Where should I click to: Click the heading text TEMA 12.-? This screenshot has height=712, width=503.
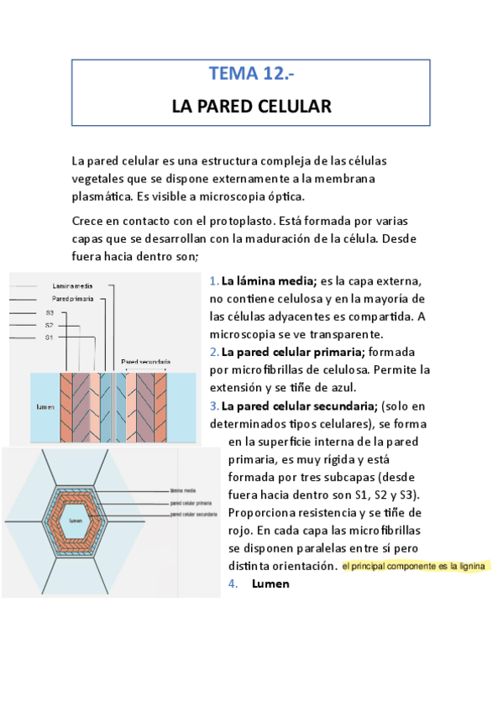click(251, 74)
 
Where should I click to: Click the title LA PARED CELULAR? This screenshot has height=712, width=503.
click(251, 107)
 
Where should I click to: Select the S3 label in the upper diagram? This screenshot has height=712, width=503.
click(50, 311)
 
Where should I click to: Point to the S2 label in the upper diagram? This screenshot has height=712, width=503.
click(50, 324)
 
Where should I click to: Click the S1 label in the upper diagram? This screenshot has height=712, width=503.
click(50, 337)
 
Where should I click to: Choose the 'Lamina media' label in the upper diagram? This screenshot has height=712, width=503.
click(72, 286)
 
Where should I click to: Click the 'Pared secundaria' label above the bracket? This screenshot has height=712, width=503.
click(145, 362)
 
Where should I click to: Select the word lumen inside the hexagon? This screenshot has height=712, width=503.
click(76, 521)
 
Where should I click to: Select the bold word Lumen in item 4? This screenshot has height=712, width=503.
click(270, 584)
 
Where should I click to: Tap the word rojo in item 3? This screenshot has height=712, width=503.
click(240, 530)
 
